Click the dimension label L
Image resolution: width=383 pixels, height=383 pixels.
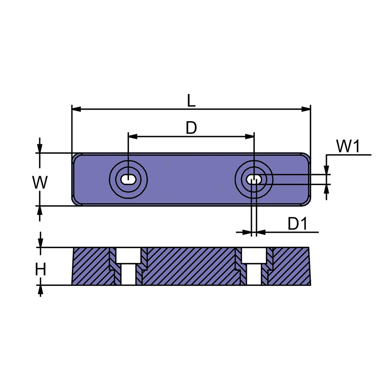191,100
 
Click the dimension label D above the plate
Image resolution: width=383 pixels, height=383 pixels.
191,128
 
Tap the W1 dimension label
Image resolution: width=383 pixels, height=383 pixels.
348,146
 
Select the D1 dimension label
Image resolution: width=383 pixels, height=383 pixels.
297,223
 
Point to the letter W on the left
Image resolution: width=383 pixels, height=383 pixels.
40,183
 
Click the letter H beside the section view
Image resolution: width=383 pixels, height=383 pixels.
40,269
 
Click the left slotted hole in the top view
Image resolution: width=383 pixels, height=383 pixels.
128,180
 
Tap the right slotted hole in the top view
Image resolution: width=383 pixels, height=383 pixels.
254,180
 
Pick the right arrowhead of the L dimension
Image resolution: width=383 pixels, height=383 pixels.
306,109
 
